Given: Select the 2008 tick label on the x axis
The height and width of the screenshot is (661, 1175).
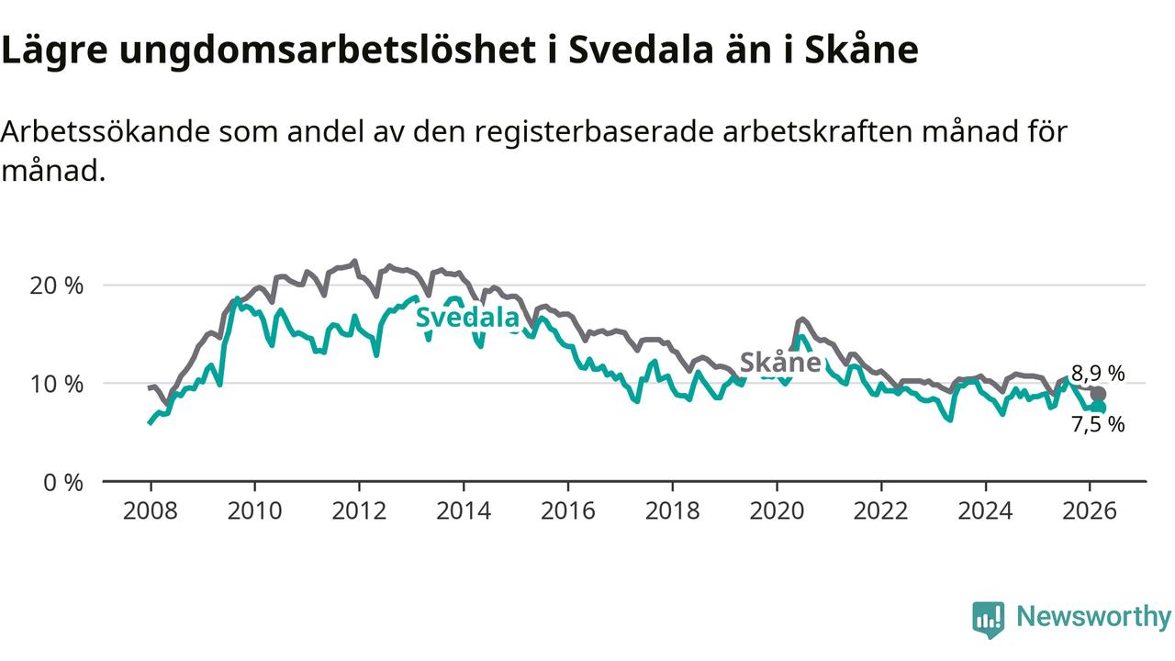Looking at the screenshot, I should [x=150, y=510].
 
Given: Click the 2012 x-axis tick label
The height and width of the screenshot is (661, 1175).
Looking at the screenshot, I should [x=359, y=510].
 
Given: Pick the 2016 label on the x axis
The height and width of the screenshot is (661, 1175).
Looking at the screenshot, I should [x=567, y=510].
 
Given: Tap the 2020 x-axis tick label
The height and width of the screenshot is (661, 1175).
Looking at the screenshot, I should [x=777, y=510].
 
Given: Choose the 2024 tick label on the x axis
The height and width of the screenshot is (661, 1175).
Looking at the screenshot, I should [x=985, y=510].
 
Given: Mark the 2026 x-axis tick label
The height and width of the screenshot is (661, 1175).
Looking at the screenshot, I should [x=1090, y=510].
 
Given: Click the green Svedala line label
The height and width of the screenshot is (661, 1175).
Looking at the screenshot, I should [x=467, y=318].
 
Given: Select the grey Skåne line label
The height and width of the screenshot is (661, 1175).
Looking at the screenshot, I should [x=779, y=363].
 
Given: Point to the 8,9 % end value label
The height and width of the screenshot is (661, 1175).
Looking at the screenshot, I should [x=1098, y=373].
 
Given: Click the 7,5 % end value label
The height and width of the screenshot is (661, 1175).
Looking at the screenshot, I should [x=1098, y=424].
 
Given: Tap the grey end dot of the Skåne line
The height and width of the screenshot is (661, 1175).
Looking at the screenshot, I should [x=1098, y=394].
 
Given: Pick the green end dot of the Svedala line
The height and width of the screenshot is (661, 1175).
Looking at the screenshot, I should [x=1098, y=408].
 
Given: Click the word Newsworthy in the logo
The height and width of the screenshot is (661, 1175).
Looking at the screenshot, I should [x=1093, y=617].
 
